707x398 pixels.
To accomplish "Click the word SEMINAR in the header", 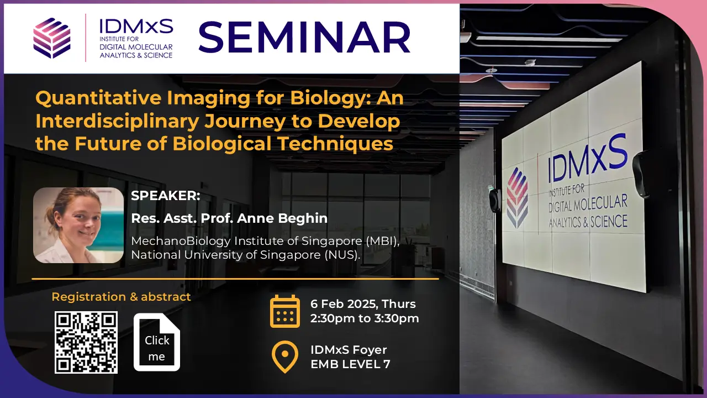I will tap(304, 38).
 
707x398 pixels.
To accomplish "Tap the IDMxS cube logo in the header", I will tap(52, 38).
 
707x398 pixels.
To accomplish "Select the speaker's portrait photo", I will tap(78, 225).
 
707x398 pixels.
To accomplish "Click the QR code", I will tap(86, 342).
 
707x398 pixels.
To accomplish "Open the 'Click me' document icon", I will tap(157, 342).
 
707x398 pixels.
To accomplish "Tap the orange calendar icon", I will tap(285, 311).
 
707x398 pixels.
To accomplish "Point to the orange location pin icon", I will tap(285, 357).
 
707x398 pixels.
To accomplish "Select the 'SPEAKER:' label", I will tap(166, 196).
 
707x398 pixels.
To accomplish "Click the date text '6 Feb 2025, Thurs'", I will tap(363, 304).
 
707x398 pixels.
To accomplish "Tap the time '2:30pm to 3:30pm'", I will tap(365, 318).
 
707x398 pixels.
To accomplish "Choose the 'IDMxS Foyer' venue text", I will tap(349, 350).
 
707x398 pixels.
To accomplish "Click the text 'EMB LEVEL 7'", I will tap(350, 364).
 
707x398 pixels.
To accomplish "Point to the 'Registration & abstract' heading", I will tap(121, 297).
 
